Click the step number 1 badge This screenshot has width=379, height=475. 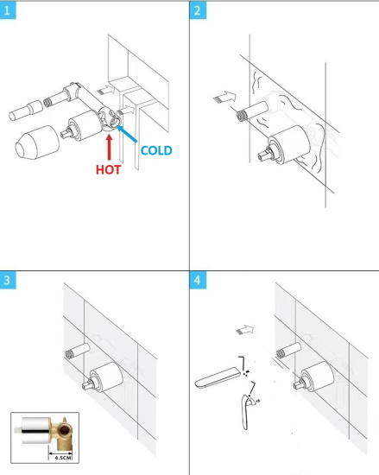click(x=7, y=11)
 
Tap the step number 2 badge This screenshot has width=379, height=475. click(x=198, y=10)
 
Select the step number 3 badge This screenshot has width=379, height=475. click(x=8, y=280)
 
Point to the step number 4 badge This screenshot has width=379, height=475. click(x=198, y=280)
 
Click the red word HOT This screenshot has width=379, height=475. click(x=109, y=169)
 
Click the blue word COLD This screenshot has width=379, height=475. click(x=156, y=150)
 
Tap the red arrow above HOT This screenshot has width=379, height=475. click(x=110, y=147)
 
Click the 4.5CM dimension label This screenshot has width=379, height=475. click(x=63, y=458)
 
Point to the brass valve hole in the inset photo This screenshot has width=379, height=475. click(x=64, y=430)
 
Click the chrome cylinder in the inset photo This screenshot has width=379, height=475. click(x=36, y=430)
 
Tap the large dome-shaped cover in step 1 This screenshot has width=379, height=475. click(x=37, y=142)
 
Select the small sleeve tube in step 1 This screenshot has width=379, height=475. click(x=25, y=111)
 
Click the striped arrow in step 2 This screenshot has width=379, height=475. click(x=224, y=97)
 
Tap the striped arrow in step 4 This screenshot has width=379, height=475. click(x=244, y=330)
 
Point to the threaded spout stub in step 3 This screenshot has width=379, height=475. click(x=78, y=351)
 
